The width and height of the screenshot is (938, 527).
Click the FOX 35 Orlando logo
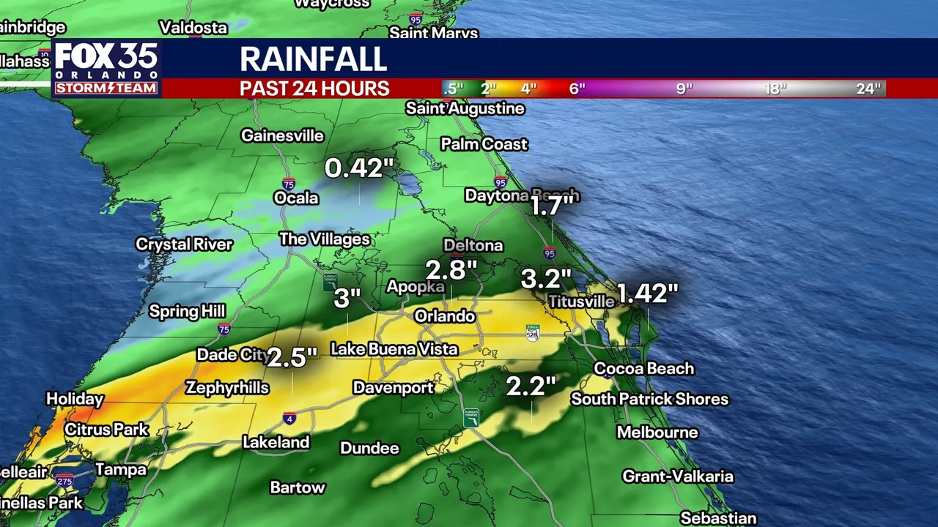point(106,68)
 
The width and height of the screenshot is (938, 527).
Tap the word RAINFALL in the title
point(313,59)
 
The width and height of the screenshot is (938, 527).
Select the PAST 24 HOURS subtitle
point(314,89)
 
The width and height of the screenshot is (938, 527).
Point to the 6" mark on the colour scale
point(577,89)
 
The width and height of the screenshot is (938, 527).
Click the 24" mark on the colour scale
point(868,89)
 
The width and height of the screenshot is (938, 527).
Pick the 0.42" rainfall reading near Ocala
point(354,168)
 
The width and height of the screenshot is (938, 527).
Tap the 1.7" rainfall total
point(551,206)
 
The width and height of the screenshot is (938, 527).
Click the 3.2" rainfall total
point(545,278)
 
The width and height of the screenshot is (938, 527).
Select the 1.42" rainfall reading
point(647,293)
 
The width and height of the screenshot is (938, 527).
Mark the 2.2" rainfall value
point(531,386)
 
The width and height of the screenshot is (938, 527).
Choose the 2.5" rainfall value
point(292,357)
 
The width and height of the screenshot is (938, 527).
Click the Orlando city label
point(444,316)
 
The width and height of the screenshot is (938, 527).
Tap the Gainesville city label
point(282,135)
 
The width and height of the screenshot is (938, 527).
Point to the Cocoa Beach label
point(643,368)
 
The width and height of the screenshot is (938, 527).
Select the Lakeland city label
point(276,442)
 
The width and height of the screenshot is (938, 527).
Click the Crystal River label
point(184,244)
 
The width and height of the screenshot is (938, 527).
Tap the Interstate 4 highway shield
point(290,419)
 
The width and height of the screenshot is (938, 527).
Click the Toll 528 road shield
point(533,333)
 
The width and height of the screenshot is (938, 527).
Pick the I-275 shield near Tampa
point(64,480)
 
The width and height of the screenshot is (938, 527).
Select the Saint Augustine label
point(465,108)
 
